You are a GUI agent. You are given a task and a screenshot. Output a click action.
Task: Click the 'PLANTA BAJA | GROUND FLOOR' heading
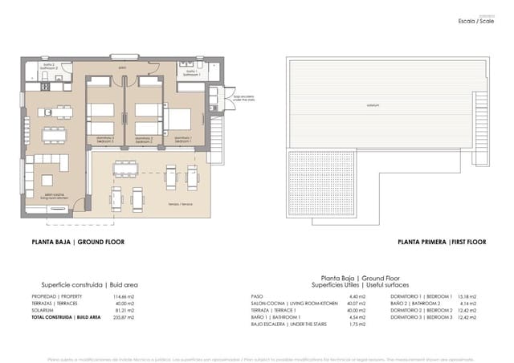78,242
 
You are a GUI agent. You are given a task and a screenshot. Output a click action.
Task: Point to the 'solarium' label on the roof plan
372,105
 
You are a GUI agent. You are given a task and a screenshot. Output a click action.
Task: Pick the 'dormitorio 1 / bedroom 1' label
186,140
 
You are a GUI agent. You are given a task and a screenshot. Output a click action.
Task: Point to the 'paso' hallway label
122,67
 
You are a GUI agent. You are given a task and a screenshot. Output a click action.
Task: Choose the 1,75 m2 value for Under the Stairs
358,324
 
